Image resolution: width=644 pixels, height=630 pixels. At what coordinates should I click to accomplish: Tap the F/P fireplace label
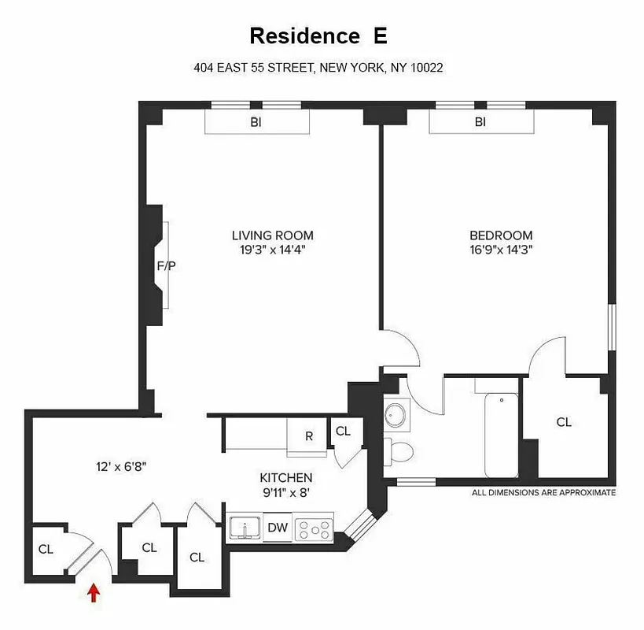(166, 265)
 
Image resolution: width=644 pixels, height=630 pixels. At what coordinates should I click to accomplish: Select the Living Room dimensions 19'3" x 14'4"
(272, 250)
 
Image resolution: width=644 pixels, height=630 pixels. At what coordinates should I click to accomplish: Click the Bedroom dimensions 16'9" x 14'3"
(501, 250)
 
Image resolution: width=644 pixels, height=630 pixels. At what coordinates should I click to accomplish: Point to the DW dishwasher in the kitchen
(277, 528)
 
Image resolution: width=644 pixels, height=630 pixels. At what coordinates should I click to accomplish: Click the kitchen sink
(245, 528)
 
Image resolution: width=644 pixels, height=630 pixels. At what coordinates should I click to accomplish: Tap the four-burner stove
(314, 529)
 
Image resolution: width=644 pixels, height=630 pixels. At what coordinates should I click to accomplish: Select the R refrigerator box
(309, 435)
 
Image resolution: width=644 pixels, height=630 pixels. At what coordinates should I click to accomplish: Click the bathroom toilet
(401, 451)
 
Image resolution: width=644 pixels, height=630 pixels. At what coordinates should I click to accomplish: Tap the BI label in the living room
(256, 122)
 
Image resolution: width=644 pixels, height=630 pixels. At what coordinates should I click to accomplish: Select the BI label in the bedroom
(480, 122)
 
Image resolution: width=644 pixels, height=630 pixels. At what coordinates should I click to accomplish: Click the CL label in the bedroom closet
(564, 422)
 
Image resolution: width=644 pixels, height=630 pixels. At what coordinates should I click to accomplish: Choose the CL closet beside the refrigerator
(343, 431)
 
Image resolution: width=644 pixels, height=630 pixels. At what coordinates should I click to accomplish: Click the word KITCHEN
(286, 477)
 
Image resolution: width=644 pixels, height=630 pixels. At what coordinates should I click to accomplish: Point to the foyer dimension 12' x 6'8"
(118, 466)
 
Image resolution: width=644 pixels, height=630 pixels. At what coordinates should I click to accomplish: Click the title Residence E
(318, 36)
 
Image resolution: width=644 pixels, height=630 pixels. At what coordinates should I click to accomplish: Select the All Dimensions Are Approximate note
(543, 492)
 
